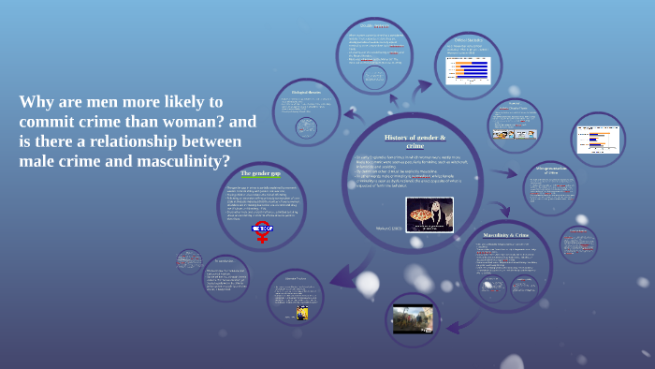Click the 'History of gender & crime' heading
[404, 141]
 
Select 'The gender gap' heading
[259, 173]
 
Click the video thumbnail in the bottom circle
[413, 319]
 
